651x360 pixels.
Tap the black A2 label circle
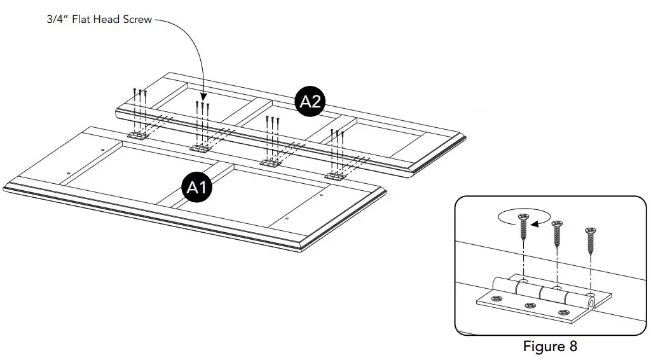pyautogui.click(x=310, y=102)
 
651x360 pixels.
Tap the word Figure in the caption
pyautogui.click(x=544, y=347)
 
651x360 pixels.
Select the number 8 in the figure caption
pyautogui.click(x=573, y=347)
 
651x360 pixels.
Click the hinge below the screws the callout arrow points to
pyautogui.click(x=200, y=149)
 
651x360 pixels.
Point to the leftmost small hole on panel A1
pyautogui.click(x=69, y=173)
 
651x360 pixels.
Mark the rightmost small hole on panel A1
pyautogui.click(x=321, y=195)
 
